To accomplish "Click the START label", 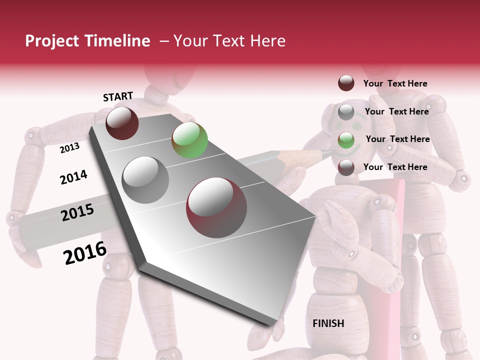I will [118, 96].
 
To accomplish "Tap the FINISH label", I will [328, 323].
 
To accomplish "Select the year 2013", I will [69, 148].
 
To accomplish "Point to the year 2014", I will [73, 177].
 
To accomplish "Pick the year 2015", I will [77, 212].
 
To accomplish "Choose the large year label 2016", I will [85, 253].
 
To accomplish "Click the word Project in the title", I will [51, 41].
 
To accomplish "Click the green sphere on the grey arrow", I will [189, 140].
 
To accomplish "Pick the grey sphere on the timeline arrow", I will [145, 180].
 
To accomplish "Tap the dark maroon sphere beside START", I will [122, 123].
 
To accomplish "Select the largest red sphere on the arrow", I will [216, 207].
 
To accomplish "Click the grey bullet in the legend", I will [346, 112].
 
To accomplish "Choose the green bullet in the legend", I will [346, 140].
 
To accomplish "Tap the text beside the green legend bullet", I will [397, 139].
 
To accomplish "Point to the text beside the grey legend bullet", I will [396, 111].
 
